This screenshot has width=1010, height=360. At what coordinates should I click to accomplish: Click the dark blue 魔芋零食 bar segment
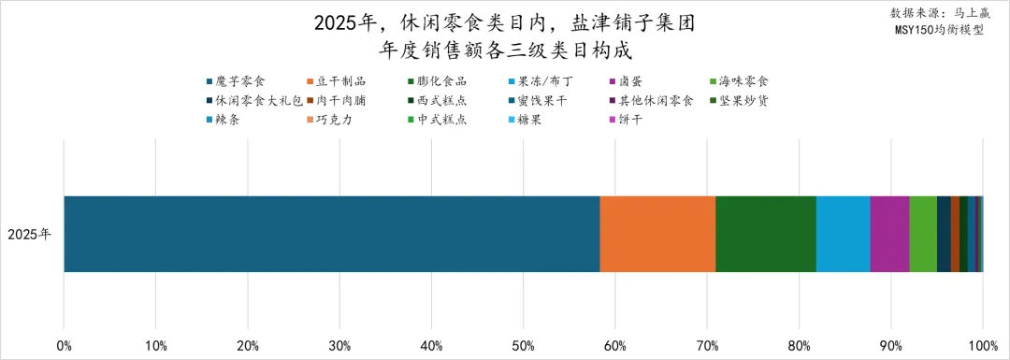(331, 234)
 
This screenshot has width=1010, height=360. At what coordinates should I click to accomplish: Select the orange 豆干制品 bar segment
(657, 234)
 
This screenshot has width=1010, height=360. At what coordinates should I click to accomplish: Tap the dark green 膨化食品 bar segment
(766, 234)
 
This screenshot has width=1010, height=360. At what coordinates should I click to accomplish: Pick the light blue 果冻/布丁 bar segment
(843, 234)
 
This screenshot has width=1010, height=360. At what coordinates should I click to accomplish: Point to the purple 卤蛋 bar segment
(889, 234)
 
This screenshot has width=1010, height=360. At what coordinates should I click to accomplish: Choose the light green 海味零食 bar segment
(923, 234)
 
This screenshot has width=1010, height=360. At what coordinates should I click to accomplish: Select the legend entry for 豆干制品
(341, 81)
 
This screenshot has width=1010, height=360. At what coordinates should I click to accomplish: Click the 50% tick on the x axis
(523, 347)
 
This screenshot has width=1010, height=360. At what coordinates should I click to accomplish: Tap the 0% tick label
(64, 347)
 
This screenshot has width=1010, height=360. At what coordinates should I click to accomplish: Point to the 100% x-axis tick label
(982, 347)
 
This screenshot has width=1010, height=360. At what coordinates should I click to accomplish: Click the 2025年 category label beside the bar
(29, 235)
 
